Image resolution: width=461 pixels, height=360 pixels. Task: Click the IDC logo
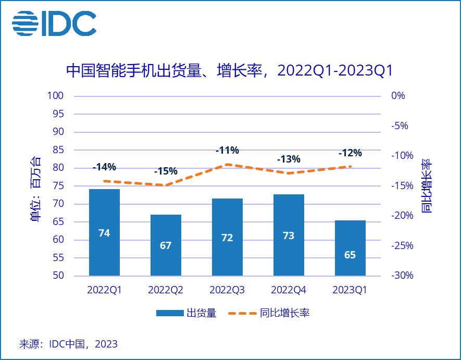tap(54, 24)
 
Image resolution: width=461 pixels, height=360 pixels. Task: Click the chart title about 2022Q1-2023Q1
tap(229, 71)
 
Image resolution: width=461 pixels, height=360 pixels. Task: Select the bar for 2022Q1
tap(104, 232)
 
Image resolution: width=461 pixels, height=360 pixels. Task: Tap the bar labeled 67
tap(166, 245)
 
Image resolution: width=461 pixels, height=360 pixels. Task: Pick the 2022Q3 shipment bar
tap(227, 237)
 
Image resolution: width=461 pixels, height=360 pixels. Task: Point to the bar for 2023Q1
tap(350, 248)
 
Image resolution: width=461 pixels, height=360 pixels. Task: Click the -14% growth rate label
tap(104, 167)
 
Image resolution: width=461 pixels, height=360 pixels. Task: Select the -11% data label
tap(227, 151)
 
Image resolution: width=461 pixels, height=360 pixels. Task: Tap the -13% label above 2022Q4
tap(288, 159)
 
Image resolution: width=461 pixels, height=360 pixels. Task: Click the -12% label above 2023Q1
tap(350, 153)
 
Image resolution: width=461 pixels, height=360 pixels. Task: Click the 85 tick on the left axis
tap(58, 150)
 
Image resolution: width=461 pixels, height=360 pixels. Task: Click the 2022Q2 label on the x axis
tap(166, 290)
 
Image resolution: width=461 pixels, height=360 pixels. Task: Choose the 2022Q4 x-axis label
tap(288, 290)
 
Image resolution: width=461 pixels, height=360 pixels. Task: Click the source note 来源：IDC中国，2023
tap(68, 344)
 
